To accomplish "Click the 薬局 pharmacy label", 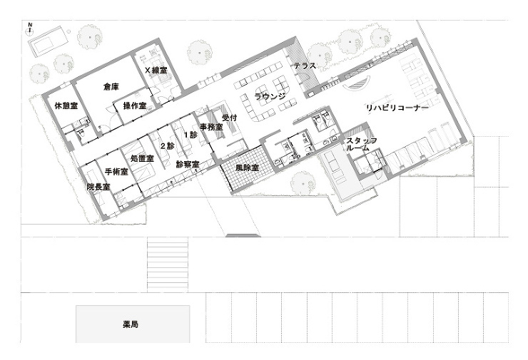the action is coord(131,324).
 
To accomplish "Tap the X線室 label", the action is coord(156,71).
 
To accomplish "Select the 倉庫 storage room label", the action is coord(111,86).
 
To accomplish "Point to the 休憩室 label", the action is coord(66,106).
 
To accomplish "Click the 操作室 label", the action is coord(135,106).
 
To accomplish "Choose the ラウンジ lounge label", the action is coord(270,97).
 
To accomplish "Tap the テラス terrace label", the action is coord(305,66).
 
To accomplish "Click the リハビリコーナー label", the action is coord(397,108).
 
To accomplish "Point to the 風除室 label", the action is coord(247,168).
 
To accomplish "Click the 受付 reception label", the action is coord(230,118).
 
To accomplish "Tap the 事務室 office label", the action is coord(211,128).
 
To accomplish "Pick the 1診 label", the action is coord(190,134).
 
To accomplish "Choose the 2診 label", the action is coord(167,146).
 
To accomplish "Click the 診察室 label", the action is coord(188,164).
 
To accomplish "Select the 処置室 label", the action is coord(142,158).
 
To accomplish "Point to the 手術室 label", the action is coord(116,172).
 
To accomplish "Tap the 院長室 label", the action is coord(98,187).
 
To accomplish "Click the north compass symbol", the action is coord(30,29).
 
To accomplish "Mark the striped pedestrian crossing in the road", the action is coord(168,263).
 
